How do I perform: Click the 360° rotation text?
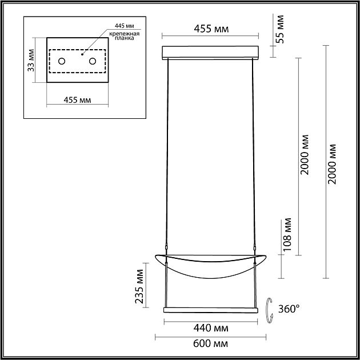289,309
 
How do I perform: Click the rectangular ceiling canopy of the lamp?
211,53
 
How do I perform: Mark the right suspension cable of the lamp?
253,154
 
